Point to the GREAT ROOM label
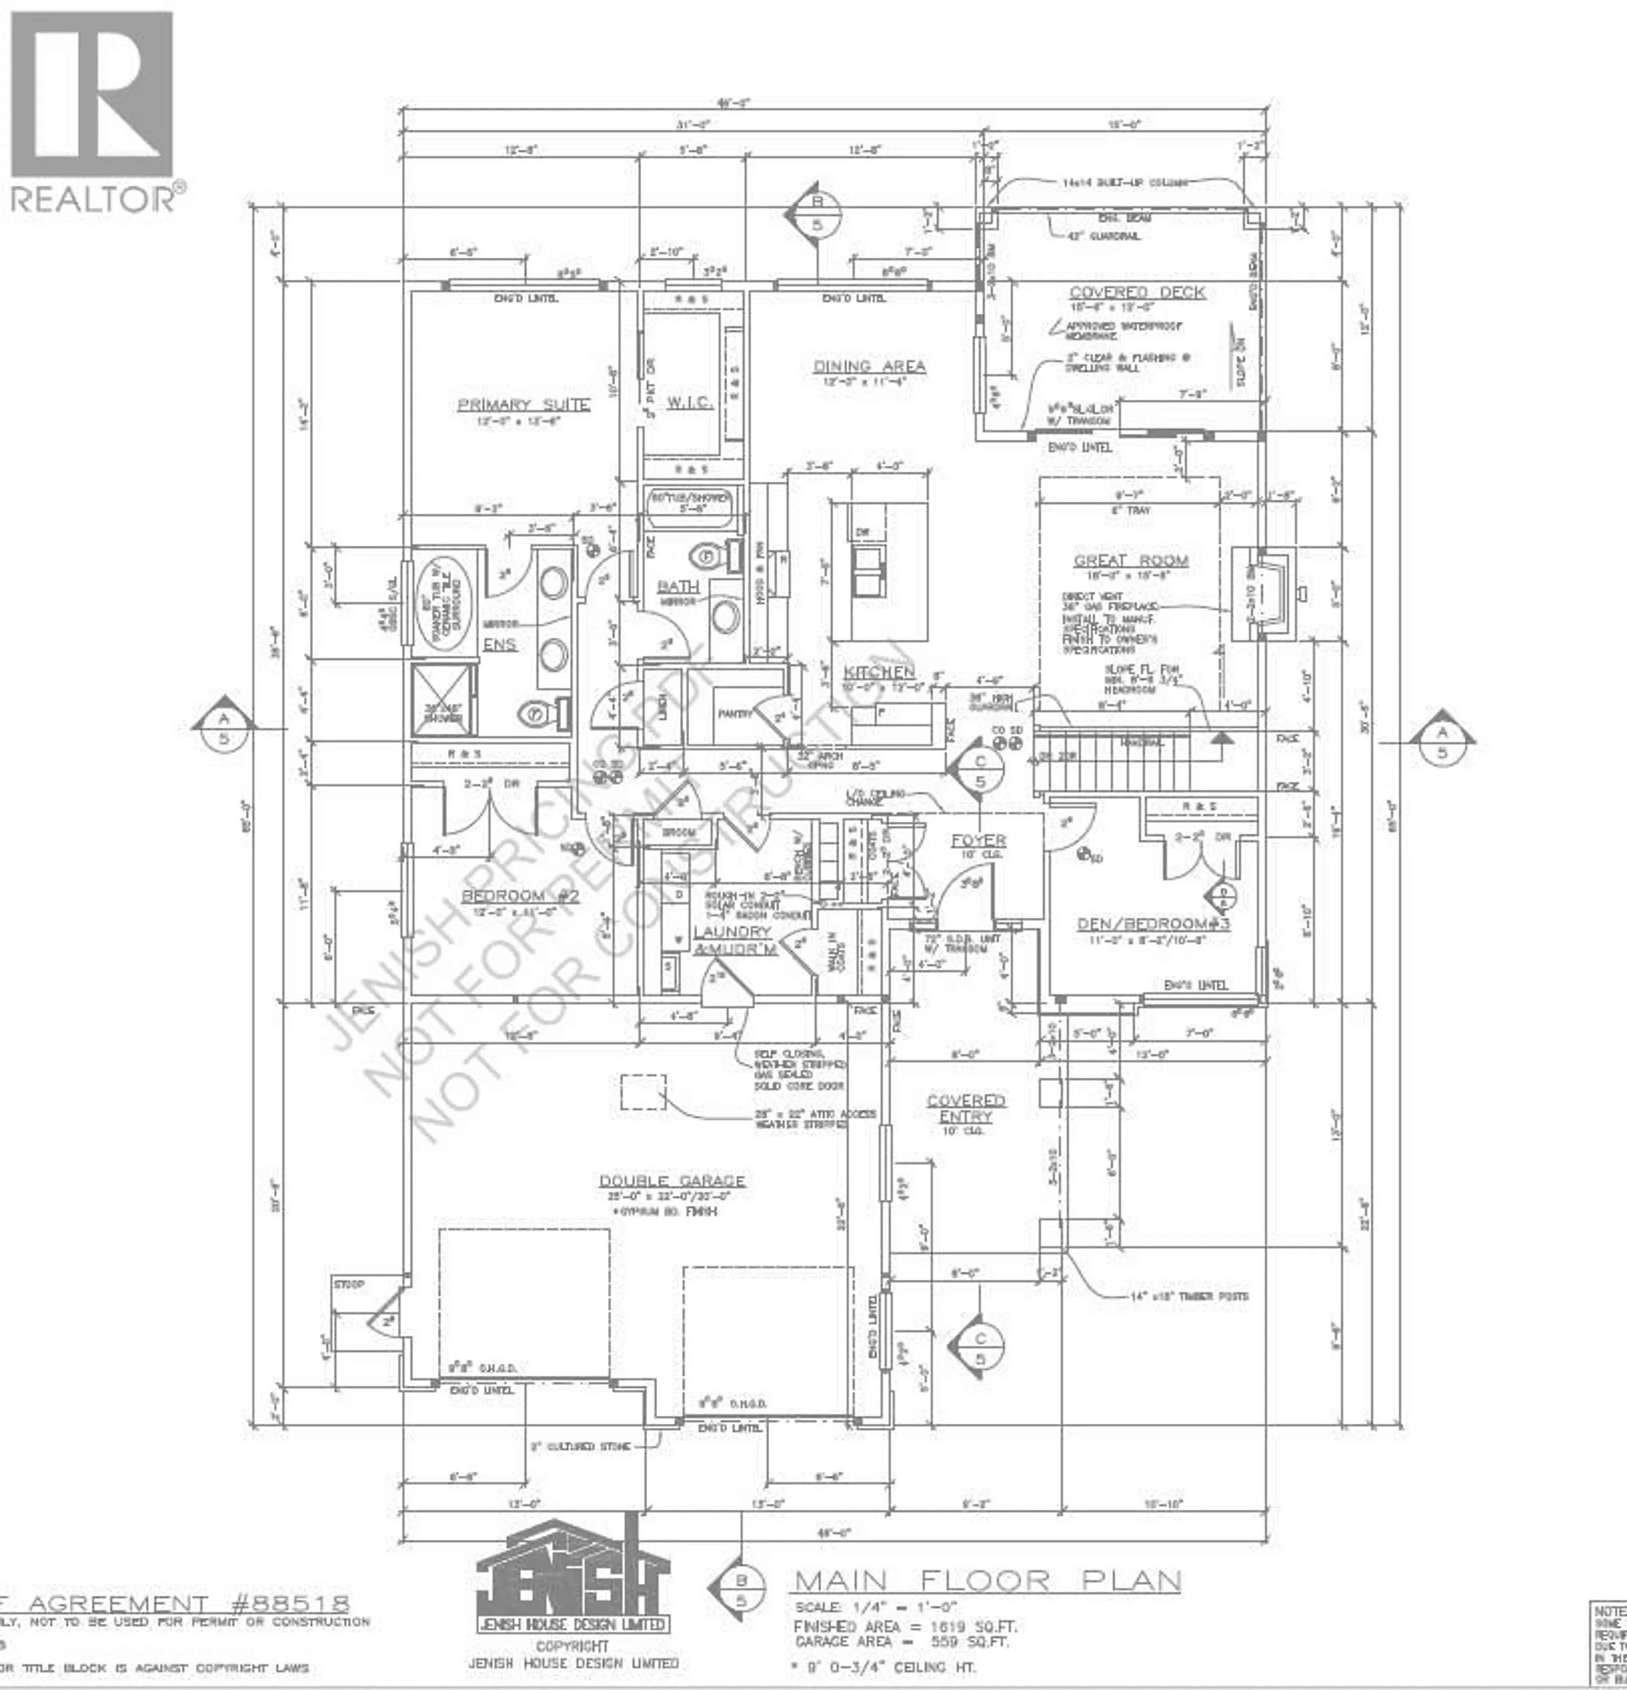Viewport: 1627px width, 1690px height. (1130, 561)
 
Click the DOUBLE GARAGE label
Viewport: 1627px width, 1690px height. (672, 1181)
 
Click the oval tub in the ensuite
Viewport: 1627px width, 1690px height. (444, 601)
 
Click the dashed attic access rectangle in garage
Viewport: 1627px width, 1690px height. (644, 1092)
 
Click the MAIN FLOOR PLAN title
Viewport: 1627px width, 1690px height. (986, 1580)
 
